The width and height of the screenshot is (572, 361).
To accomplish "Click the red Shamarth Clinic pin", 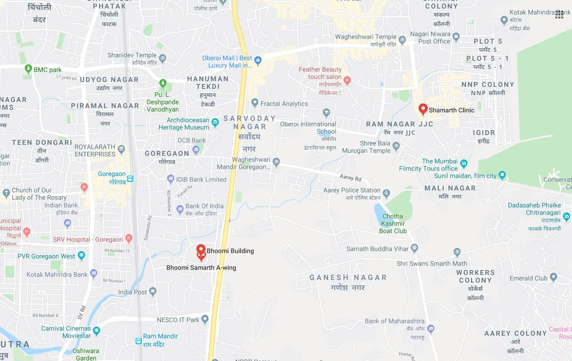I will click(x=423, y=109).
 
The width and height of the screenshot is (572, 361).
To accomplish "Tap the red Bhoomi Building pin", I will click(x=201, y=250).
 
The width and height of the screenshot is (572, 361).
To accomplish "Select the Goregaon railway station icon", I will click(x=130, y=179).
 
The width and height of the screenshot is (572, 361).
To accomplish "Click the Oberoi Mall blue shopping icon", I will click(x=258, y=60).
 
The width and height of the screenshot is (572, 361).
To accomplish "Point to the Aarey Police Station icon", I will click(x=386, y=193).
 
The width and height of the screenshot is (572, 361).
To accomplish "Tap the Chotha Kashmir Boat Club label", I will click(x=393, y=224).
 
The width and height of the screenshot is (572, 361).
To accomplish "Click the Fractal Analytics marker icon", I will click(x=255, y=102).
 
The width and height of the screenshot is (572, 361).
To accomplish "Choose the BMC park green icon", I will click(x=28, y=69).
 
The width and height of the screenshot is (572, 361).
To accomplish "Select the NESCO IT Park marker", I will click(x=205, y=319).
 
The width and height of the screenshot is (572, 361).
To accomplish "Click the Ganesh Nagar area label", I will click(x=348, y=278).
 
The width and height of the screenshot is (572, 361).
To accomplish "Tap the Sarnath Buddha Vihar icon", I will click(x=415, y=248).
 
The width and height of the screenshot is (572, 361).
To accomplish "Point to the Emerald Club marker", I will click(x=553, y=277).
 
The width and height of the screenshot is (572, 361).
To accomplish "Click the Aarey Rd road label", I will click(x=350, y=177).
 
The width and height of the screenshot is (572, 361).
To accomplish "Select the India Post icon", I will click(x=153, y=291).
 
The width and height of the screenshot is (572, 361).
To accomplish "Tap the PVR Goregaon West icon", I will click(x=82, y=256).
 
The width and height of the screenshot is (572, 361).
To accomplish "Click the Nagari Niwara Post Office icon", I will click(x=456, y=37).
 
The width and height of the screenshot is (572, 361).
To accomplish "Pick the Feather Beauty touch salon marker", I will click(x=347, y=80).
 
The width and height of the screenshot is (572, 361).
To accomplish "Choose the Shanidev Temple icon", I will click(x=163, y=58).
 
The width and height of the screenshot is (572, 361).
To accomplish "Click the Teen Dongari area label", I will click(x=42, y=143).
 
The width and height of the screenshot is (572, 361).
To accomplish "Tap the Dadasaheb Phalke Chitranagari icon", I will click(x=566, y=216).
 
